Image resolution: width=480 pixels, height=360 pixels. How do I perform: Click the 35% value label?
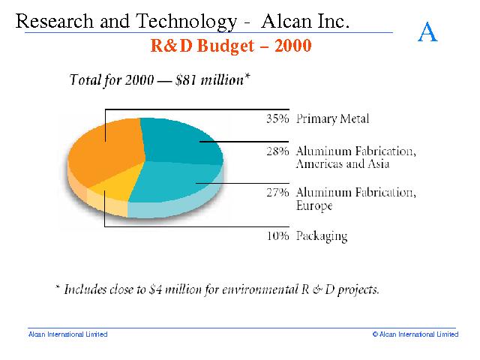pyautogui.click(x=277, y=118)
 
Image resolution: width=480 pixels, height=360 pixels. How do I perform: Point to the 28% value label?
pyautogui.click(x=277, y=151)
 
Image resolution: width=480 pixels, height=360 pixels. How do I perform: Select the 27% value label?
pyautogui.click(x=277, y=192)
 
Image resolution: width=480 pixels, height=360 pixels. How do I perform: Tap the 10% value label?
pyautogui.click(x=277, y=236)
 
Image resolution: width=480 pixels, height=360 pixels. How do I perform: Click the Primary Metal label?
pyautogui.click(x=333, y=118)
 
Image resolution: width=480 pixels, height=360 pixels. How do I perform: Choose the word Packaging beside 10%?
pyautogui.click(x=322, y=236)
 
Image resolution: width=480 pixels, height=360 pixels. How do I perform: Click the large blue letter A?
pyautogui.click(x=427, y=32)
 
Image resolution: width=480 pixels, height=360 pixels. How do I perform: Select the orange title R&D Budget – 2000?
pyautogui.click(x=231, y=46)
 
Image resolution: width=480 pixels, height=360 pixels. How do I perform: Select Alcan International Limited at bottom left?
pyautogui.click(x=67, y=334)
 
